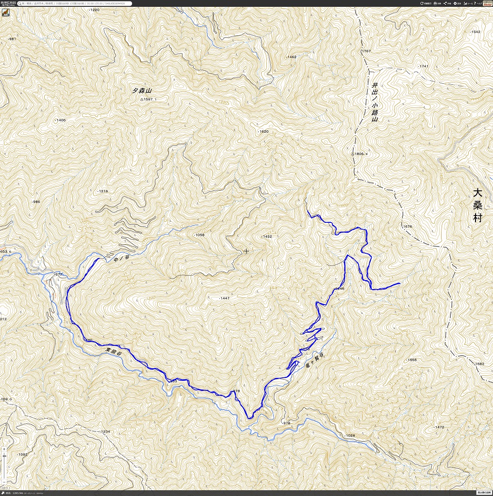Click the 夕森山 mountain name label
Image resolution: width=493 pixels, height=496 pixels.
click(x=142, y=91)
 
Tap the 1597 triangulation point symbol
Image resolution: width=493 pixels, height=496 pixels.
click(x=142, y=99)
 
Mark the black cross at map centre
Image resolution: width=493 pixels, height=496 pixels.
click(x=246, y=251)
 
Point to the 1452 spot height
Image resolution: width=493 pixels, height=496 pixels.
click(x=267, y=237)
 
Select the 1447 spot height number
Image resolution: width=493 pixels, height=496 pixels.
click(x=225, y=298)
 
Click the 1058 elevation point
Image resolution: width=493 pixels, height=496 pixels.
click(x=199, y=235)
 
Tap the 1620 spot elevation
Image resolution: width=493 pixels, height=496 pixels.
click(x=264, y=132)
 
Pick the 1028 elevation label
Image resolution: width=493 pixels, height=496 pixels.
click(x=350, y=435)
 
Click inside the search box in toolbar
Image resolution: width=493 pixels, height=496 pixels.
click(x=73, y=3)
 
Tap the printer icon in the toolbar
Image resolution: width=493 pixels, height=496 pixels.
click(x=436, y=3)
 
